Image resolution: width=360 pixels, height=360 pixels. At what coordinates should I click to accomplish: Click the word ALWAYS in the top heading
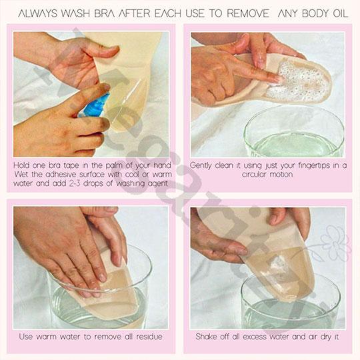(x=37, y=13)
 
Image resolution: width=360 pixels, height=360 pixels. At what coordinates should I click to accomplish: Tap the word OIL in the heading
(x=341, y=13)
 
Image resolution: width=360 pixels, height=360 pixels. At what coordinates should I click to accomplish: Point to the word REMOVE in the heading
(x=248, y=13)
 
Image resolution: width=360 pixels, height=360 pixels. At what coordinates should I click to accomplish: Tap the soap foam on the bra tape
(x=299, y=81)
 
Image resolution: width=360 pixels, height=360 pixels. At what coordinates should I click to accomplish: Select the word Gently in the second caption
(x=201, y=166)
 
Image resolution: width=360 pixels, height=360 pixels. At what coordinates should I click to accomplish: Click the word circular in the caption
(x=254, y=175)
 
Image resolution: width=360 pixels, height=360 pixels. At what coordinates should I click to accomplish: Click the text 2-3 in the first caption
(x=75, y=184)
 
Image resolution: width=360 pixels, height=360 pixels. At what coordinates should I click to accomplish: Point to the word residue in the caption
(x=149, y=337)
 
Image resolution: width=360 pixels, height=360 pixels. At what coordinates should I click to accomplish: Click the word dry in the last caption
(x=325, y=337)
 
